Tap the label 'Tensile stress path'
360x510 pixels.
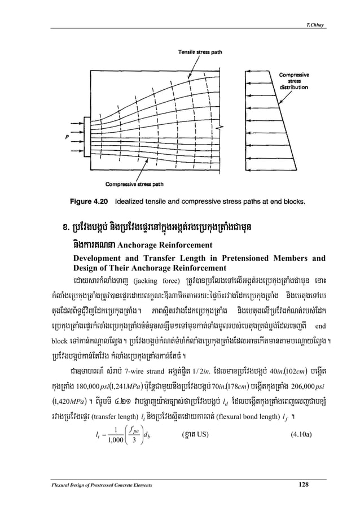201,51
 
